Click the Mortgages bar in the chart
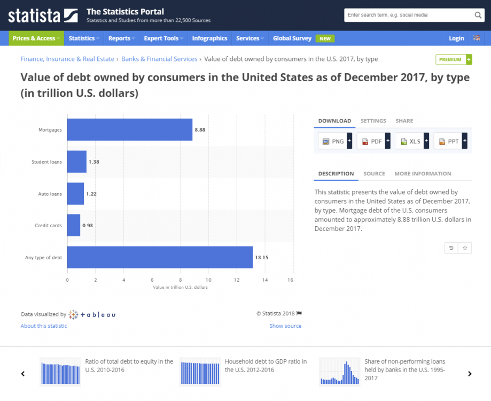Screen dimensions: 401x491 pos(129,129)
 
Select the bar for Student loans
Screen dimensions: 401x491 pos(77,161)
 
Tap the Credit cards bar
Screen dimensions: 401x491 pos(74,225)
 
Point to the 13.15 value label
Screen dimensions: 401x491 pos(261,258)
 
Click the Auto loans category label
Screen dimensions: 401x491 pos(50,194)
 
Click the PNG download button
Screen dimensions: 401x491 pos(335,141)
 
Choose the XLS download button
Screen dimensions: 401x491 pos(412,141)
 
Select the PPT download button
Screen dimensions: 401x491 pos(450,141)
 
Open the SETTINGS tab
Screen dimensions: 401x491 pos(373,121)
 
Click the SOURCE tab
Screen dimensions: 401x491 pos(374,174)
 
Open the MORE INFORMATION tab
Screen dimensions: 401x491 pos(423,174)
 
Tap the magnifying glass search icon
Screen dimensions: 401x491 pos(478,15)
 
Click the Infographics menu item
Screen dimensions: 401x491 pos(209,38)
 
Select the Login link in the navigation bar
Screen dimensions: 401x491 pos(456,38)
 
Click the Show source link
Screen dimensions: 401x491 pos(285,326)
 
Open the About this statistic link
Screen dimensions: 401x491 pos(44,326)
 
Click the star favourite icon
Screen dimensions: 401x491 pos(465,248)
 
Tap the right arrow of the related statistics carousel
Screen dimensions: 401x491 pos(470,374)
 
